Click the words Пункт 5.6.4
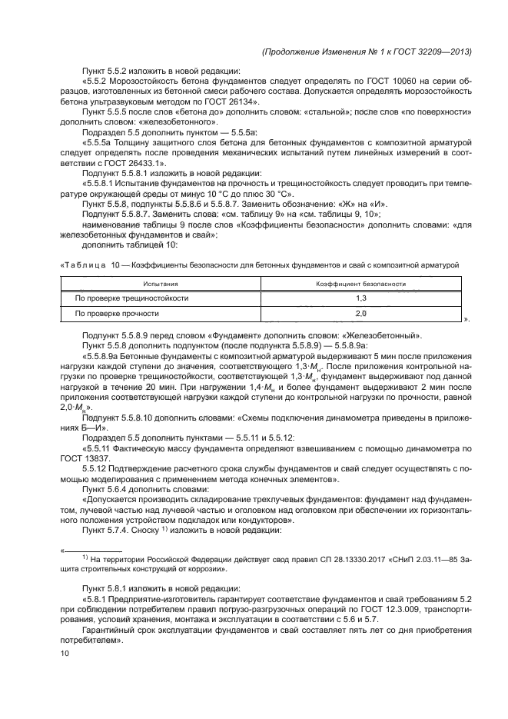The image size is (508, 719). tap(108, 489)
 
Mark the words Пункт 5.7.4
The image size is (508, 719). tap(108, 529)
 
